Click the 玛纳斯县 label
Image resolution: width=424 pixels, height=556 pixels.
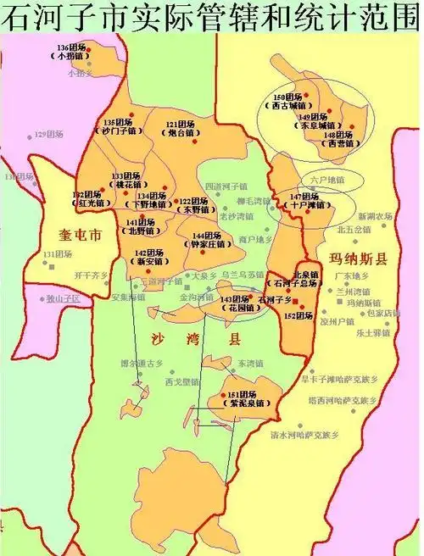coord(358,259)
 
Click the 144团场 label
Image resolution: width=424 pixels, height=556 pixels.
coord(206,236)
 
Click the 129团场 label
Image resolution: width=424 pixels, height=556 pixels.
coord(48,134)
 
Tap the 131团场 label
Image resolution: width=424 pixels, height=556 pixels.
coord(58,254)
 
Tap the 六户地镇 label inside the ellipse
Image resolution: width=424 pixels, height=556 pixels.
coord(327,180)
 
